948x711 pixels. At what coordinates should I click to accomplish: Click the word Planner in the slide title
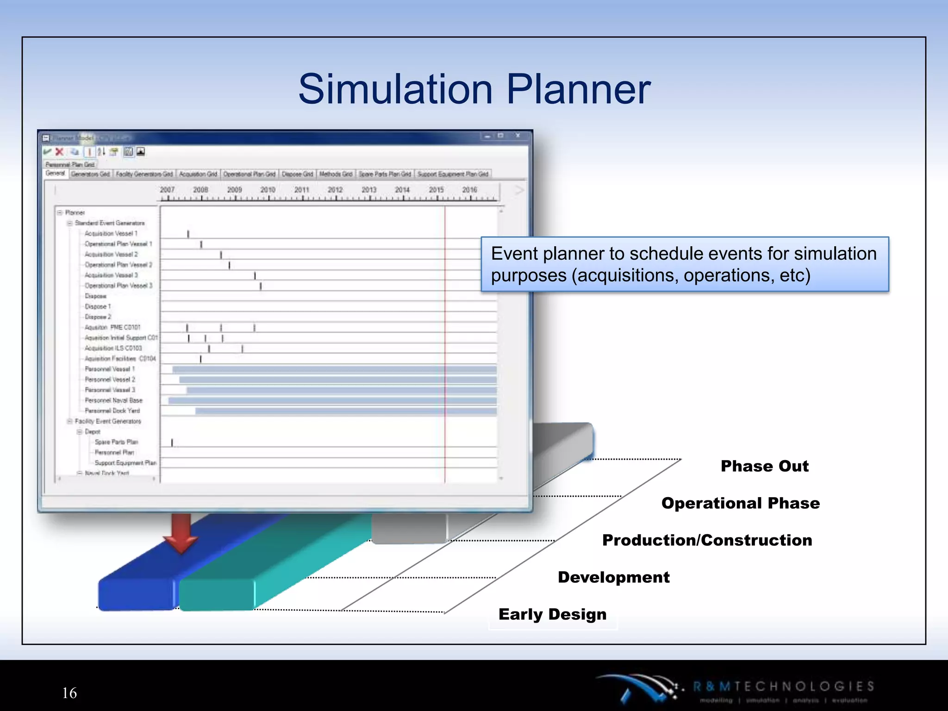(579, 89)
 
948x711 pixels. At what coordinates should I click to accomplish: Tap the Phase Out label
(764, 466)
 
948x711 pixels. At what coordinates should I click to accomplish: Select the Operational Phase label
(740, 503)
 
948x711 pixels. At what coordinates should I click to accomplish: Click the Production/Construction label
(707, 540)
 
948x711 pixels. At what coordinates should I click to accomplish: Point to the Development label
(613, 577)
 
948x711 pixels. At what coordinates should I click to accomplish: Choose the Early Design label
(552, 614)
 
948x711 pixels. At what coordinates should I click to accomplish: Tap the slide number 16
(69, 693)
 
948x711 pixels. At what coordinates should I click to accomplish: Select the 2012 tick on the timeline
(335, 190)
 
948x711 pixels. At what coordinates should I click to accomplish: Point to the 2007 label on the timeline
(167, 190)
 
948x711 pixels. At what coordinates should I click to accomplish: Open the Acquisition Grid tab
(198, 174)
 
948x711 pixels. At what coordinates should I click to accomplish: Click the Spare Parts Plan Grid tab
(385, 174)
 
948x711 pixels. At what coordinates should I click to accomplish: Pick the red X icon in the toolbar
(59, 152)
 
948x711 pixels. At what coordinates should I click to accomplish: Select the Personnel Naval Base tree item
(113, 400)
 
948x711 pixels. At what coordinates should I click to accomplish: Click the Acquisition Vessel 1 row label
(111, 234)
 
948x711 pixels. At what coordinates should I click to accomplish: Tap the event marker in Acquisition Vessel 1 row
(188, 234)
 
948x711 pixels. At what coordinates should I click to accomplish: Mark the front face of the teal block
(216, 595)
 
